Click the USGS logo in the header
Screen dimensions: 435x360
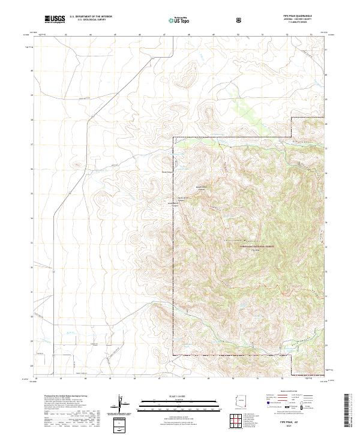pyautogui.click(x=55, y=20)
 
